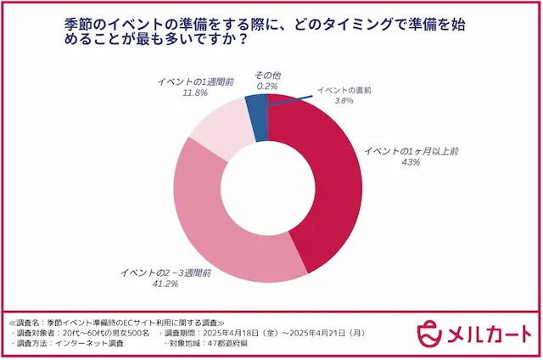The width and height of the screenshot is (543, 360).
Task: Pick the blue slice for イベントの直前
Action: click(x=256, y=106)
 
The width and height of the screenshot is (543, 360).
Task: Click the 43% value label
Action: click(x=412, y=161)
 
